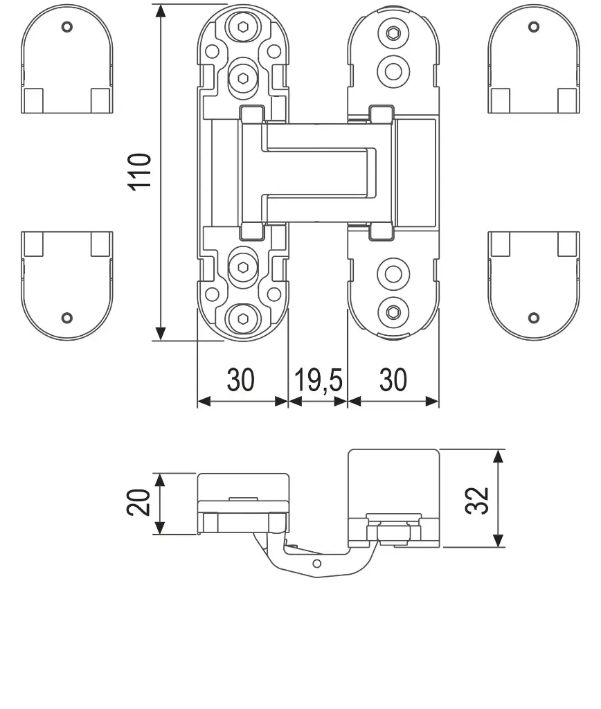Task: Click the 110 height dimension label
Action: coord(140,172)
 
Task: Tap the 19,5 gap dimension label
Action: coord(319,380)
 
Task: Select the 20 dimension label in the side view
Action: coord(138,502)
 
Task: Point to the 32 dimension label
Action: coord(477,501)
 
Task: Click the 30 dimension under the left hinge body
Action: coord(240,380)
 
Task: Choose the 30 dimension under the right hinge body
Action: coord(393,380)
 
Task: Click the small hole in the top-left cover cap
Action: coord(67,27)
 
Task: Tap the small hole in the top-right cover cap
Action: coord(534,27)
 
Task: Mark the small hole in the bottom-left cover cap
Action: coord(67,317)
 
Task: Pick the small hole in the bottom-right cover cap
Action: coord(534,317)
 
